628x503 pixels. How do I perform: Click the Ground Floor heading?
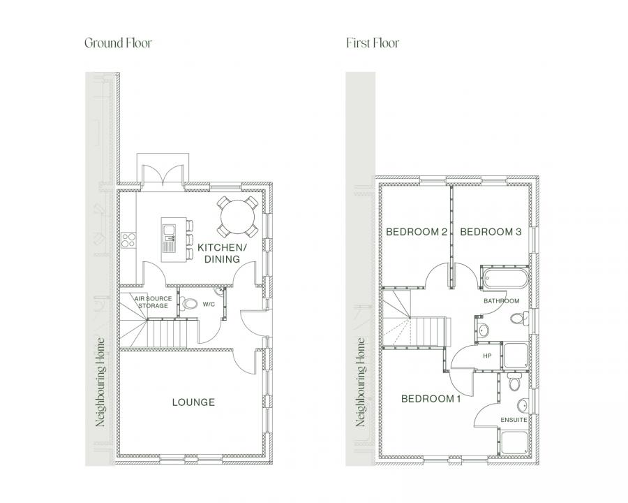point(118,43)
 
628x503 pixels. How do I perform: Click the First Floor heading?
point(373,43)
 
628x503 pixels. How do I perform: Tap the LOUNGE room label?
point(193,402)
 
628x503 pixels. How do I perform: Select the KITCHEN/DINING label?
point(223,253)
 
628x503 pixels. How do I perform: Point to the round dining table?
point(237,217)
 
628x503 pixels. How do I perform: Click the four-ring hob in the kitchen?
point(128,240)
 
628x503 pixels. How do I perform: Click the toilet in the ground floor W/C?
point(188,303)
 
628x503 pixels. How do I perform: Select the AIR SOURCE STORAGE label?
point(153,302)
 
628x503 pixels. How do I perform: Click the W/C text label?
point(209,305)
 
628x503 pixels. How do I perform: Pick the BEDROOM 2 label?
point(417,232)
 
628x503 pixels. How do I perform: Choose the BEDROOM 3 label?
point(491,232)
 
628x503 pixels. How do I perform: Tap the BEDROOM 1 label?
point(431,399)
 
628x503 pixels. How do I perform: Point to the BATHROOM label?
point(502,301)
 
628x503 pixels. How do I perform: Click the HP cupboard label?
point(487,356)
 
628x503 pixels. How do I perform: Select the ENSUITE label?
point(514,420)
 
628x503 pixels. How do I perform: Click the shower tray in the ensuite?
point(515,442)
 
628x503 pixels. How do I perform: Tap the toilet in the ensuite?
point(514,382)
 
